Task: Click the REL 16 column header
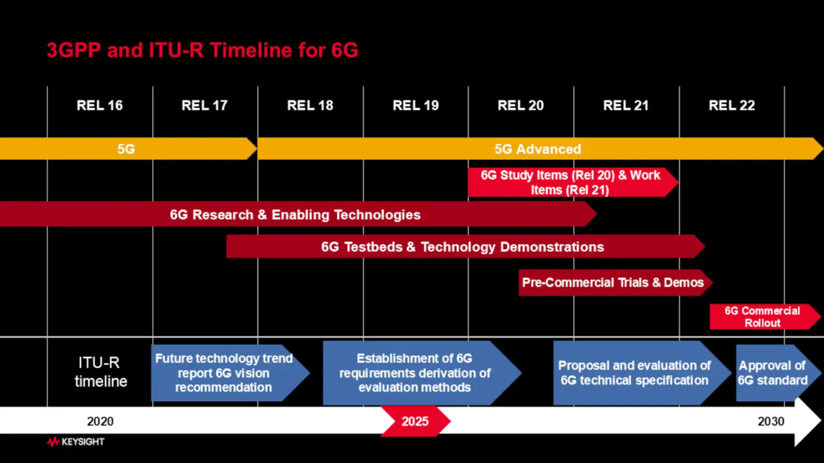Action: (100, 105)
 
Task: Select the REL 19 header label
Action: (416, 105)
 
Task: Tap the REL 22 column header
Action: (732, 105)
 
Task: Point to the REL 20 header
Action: (521, 105)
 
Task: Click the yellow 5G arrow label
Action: (126, 149)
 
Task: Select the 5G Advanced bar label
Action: (538, 149)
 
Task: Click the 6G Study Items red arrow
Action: (573, 182)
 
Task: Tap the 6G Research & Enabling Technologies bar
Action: (298, 214)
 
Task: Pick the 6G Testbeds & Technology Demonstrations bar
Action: (465, 246)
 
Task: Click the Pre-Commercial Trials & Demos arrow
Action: (615, 282)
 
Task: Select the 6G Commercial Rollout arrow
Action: (765, 317)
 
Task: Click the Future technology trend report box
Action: (230, 373)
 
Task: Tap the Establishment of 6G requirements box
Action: (422, 373)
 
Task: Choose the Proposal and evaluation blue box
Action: (642, 373)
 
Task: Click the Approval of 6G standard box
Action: (779, 373)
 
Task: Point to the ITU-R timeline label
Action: (101, 372)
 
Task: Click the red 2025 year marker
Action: (416, 421)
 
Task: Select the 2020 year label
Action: (100, 421)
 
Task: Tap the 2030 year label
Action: (771, 421)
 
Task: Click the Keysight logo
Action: (76, 442)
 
